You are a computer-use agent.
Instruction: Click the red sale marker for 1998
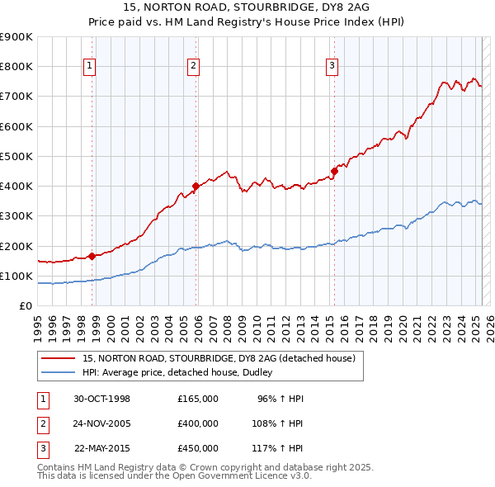pos(92,256)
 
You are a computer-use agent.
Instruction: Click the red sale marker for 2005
pos(196,186)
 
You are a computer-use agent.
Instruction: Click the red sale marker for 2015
pos(335,171)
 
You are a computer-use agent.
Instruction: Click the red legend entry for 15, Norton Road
pos(219,358)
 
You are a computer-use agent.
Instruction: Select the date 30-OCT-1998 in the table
pos(102,399)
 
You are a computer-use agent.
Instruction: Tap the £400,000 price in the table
pos(198,423)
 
